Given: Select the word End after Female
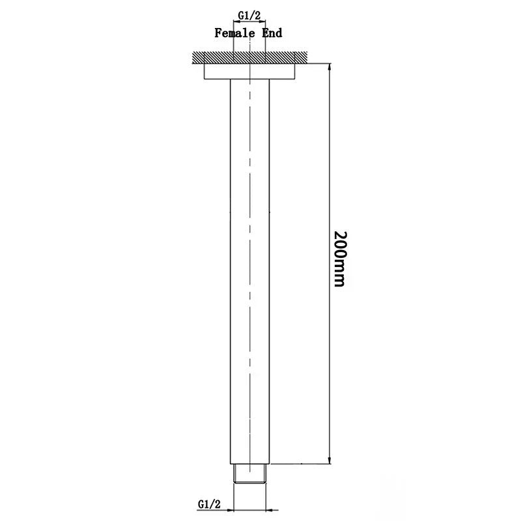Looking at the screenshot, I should pyautogui.click(x=272, y=32).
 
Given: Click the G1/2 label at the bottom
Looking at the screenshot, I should pyautogui.click(x=208, y=503).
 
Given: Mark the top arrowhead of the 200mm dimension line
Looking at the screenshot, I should pyautogui.click(x=331, y=68).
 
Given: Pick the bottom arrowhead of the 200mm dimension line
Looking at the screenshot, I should pyautogui.click(x=331, y=460).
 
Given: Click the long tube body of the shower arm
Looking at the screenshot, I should pyautogui.click(x=251, y=260).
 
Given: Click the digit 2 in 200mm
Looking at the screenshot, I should pyautogui.click(x=340, y=236).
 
